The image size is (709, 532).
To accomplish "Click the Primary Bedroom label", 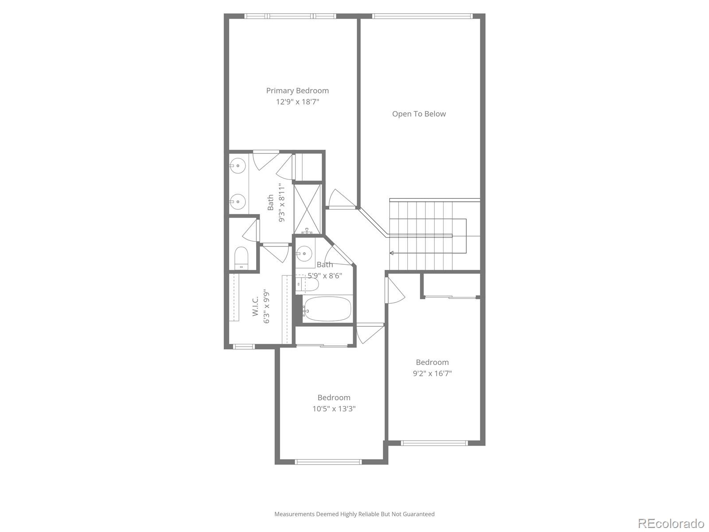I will (297, 90).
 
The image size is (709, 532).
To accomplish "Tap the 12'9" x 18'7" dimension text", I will (297, 102).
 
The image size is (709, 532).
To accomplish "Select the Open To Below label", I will (419, 114).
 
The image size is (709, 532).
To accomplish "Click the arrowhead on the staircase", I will (392, 253).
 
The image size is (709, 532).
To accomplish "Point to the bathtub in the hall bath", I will (328, 309).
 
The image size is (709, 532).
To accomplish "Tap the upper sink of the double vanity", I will (238, 165).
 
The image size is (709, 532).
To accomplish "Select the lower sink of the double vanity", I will (238, 202).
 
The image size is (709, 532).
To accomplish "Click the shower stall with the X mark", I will (308, 208).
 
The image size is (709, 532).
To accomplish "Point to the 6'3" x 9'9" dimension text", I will (267, 307).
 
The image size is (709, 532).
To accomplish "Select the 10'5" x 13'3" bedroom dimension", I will (334, 409).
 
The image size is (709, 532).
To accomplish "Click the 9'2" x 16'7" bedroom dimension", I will (432, 373).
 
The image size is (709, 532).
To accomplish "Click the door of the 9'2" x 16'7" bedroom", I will (396, 290).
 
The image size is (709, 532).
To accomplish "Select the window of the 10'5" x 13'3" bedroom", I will (328, 462).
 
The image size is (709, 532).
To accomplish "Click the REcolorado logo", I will (670, 523).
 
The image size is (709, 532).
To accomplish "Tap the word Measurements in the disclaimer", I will (294, 514).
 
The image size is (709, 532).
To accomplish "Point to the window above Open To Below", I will (422, 16).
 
